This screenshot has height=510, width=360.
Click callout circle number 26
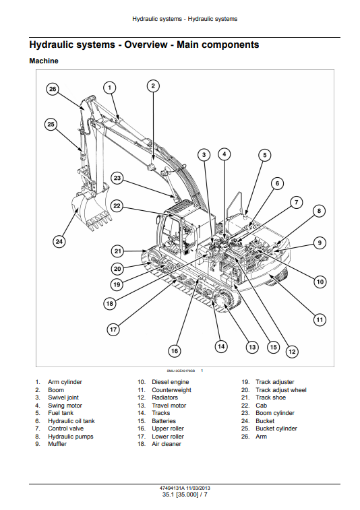coord(53,89)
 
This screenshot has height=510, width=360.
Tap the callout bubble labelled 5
coord(265,155)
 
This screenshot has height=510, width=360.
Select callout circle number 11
coord(320,320)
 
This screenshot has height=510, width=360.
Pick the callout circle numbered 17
coord(113,329)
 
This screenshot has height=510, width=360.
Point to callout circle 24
coord(59,242)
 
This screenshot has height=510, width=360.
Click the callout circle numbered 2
coord(153,86)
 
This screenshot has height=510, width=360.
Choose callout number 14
coord(221,346)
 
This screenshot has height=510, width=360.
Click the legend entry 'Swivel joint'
coord(63,397)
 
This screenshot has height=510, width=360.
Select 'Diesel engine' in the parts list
coord(171,382)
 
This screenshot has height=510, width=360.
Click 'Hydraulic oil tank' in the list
coord(71,421)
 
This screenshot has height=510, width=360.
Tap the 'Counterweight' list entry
coord(171,390)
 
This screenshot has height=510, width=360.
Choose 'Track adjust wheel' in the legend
coord(281,390)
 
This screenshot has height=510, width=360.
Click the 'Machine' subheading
coord(44,61)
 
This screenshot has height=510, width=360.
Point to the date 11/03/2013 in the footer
coord(198,488)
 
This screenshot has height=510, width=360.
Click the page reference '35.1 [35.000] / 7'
coord(185,495)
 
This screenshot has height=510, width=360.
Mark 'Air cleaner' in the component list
coord(167,444)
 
